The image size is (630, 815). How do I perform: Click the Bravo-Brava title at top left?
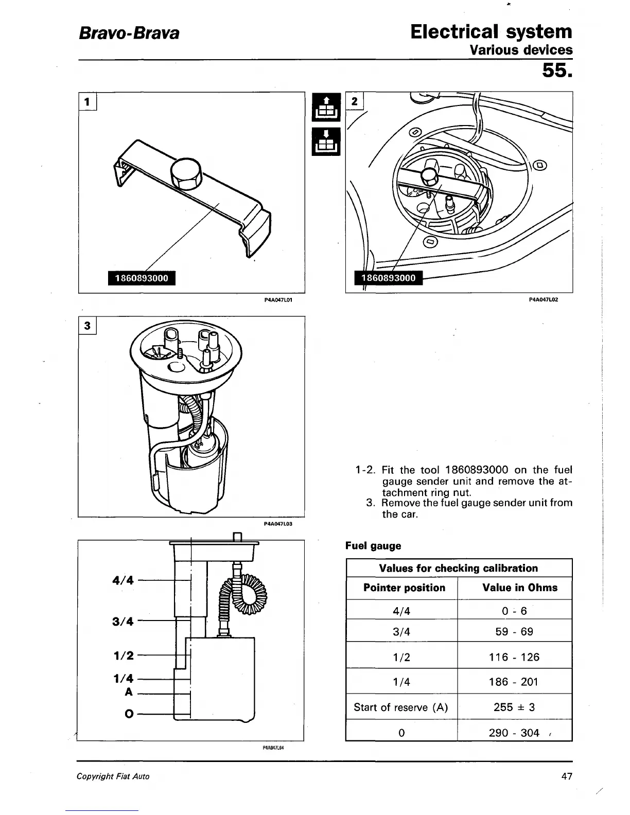click(129, 33)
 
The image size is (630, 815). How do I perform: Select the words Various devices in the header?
click(520, 50)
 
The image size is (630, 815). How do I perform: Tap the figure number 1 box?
click(87, 102)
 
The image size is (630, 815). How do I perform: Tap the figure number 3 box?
click(87, 325)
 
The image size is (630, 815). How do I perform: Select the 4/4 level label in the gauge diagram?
click(122, 580)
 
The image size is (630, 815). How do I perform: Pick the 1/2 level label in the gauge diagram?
click(123, 655)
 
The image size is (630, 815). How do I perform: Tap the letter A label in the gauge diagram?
click(129, 692)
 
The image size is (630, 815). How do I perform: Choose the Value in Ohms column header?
click(520, 588)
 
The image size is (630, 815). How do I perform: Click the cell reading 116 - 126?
click(514, 657)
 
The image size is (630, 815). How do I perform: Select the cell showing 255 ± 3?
click(514, 707)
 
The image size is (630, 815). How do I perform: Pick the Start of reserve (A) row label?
click(401, 707)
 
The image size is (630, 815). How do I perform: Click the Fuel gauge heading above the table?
click(373, 545)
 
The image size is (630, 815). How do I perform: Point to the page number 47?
click(566, 776)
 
